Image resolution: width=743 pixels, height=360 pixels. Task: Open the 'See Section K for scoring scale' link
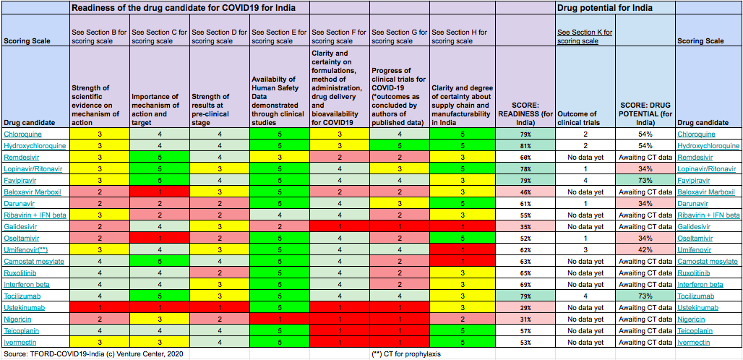(x=585, y=37)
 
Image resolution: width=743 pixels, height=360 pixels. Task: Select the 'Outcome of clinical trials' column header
(x=584, y=118)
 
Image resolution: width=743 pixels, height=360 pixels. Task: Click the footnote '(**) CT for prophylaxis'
(x=406, y=354)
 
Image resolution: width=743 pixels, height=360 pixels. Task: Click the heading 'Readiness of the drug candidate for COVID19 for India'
(x=188, y=8)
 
